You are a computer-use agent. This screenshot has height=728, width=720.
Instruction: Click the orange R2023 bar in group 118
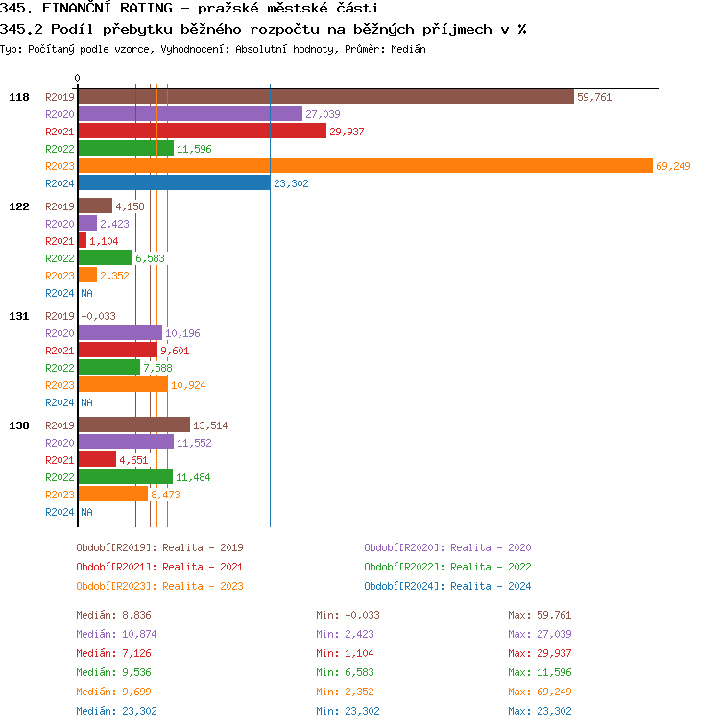click(x=365, y=166)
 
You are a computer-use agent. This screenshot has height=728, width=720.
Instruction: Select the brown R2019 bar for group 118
click(x=325, y=97)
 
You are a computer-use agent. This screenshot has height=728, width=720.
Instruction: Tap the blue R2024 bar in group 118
click(x=174, y=183)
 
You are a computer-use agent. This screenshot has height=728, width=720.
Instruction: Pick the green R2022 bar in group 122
click(x=105, y=258)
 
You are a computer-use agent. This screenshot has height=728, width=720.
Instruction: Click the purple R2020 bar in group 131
click(x=120, y=333)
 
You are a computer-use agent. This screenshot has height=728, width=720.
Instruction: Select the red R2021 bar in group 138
click(x=97, y=460)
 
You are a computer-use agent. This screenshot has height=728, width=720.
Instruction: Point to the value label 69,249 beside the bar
click(x=673, y=166)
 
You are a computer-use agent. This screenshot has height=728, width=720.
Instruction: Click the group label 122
click(x=19, y=206)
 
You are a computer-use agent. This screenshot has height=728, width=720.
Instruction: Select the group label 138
click(x=19, y=425)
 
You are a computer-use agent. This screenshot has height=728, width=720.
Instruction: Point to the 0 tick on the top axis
click(x=78, y=78)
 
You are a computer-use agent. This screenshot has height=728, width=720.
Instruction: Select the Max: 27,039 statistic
click(x=540, y=634)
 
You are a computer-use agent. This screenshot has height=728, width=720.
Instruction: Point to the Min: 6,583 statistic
click(x=348, y=672)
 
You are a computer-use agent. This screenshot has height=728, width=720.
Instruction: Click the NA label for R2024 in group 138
click(x=86, y=512)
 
